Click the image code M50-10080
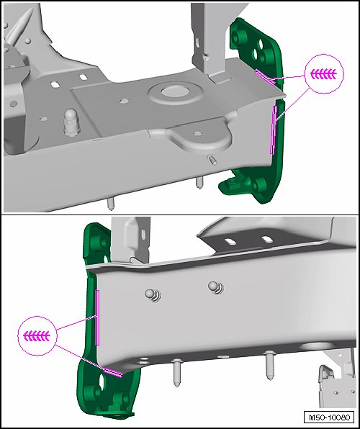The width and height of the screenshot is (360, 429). click(329, 417)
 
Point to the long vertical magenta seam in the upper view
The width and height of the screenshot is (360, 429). click(274, 130)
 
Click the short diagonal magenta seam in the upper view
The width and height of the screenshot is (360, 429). click(265, 77)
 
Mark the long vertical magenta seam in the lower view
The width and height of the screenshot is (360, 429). click(97, 317)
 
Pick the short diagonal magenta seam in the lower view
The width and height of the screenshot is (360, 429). click(113, 372)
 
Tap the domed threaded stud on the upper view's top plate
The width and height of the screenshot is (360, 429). click(71, 122)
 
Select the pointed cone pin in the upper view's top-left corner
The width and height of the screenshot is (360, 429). click(19, 26)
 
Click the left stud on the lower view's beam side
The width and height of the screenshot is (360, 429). click(153, 295)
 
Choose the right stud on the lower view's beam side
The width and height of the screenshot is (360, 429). click(216, 287)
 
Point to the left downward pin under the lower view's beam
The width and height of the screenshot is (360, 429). click(177, 373)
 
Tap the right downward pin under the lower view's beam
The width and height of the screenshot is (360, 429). click(270, 366)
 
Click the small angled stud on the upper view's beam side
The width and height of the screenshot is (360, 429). click(212, 160)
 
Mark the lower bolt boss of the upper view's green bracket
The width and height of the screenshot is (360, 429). click(258, 186)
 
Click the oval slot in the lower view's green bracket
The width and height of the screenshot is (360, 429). click(102, 382)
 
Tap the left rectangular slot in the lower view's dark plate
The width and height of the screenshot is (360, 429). click(230, 242)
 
